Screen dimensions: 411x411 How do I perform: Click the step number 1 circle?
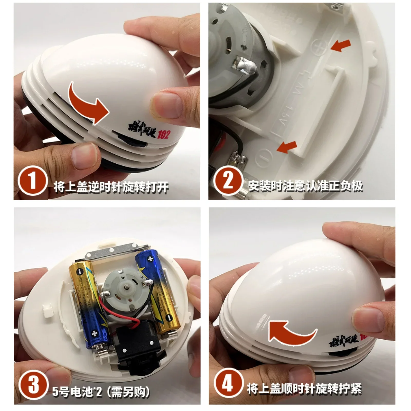pos(32,181)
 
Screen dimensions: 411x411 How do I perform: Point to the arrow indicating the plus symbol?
pos(341,46)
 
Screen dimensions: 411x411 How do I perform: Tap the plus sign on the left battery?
pos(95,333)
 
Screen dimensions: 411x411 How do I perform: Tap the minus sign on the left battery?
pos(80,271)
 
